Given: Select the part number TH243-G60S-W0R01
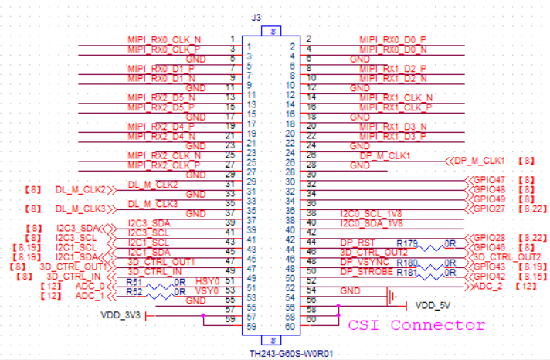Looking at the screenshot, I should click(290, 353).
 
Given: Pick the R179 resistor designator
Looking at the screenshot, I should click(407, 244).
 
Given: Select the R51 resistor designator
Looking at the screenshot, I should click(134, 281).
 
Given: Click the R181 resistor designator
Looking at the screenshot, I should click(407, 273).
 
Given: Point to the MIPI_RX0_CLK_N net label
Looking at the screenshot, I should click(164, 39).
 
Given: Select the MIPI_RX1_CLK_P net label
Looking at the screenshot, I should click(396, 107).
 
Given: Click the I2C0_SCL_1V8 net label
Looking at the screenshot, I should click(372, 213).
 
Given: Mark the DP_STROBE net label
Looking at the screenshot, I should click(363, 271).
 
